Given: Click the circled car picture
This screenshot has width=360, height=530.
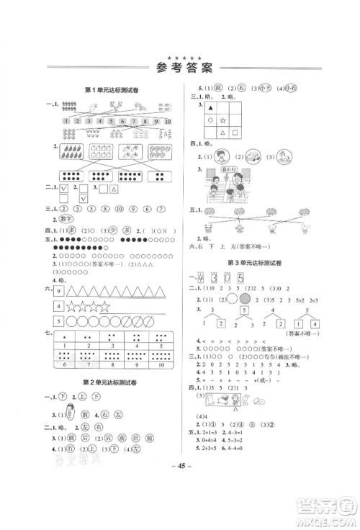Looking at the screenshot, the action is coord(253,157).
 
